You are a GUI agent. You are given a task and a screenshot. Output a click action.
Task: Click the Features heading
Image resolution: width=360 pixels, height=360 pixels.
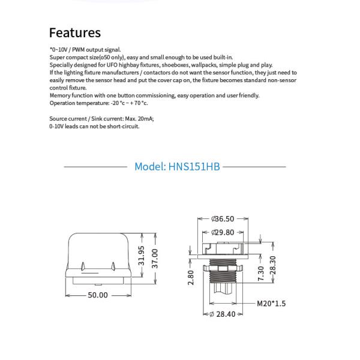coord(75,32)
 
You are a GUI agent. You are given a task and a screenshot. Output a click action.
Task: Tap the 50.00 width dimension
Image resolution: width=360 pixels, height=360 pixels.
coord(98,295)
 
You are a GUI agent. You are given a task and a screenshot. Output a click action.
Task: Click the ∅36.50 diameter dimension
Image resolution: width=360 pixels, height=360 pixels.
coord(222,219)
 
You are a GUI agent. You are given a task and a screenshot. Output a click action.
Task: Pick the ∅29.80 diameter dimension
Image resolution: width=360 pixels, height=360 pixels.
coord(222,232)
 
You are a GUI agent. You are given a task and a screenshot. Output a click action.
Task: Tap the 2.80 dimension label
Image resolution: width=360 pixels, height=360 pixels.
coord(191,277)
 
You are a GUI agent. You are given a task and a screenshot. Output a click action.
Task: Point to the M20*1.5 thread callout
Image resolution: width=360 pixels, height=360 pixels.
coord(271,304)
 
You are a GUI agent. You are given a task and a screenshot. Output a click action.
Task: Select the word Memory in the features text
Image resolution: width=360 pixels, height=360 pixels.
coord(60,95)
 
